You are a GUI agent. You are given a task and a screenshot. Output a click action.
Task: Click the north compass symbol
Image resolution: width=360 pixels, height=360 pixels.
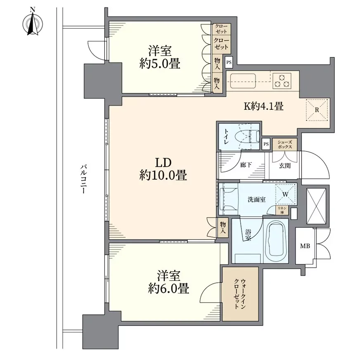point(33,23)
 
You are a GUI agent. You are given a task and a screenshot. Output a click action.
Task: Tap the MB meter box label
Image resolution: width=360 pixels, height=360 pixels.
point(305,246)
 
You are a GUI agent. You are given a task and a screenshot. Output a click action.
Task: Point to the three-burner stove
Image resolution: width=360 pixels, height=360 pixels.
point(282,81)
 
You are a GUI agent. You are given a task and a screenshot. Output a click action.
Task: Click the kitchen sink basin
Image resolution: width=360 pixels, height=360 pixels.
point(243,81)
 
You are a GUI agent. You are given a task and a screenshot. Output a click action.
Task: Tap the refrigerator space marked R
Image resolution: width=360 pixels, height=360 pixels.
point(317,110)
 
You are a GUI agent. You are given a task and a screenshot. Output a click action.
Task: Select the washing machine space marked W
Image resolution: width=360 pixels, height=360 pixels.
point(285,194)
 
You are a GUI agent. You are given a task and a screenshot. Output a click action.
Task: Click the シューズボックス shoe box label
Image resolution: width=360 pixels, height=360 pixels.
point(285,144)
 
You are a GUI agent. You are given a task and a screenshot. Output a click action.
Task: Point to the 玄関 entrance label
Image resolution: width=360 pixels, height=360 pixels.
point(285,166)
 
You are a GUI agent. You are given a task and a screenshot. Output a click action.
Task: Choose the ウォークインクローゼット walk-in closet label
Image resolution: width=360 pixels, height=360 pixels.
point(240,294)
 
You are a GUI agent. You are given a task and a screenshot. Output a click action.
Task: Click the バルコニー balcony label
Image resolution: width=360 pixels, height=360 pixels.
point(83,179)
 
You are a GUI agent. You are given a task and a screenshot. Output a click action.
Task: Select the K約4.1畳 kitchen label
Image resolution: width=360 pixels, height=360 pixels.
point(263,106)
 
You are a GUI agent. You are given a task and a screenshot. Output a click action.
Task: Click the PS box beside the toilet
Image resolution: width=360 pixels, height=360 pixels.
point(266,144)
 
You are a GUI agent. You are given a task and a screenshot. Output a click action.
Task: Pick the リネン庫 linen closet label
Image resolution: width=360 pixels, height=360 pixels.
point(282,210)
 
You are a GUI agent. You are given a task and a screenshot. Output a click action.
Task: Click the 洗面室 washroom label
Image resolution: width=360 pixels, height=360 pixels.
point(257,199)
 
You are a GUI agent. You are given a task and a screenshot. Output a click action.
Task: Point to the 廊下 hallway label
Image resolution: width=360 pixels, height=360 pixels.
point(246,165)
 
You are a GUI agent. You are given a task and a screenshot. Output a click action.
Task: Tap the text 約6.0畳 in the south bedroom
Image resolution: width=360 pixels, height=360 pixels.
point(168,288)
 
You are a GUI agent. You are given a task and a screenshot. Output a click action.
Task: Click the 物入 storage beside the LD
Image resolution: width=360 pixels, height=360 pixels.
point(223,227)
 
